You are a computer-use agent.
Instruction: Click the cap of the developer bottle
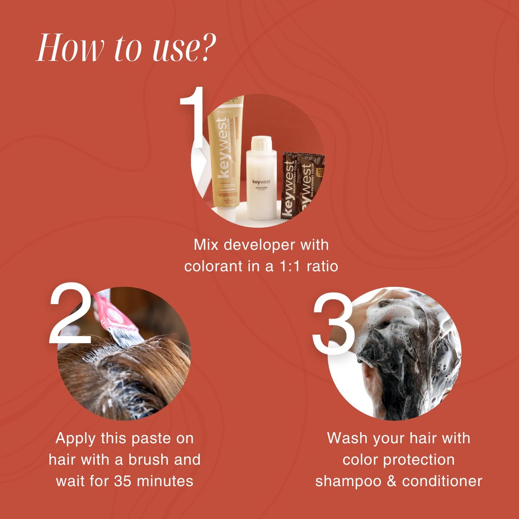(x=261, y=144)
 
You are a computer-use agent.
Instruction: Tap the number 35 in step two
(x=123, y=481)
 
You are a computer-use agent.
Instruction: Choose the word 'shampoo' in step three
(x=348, y=481)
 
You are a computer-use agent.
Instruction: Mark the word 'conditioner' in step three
(x=442, y=481)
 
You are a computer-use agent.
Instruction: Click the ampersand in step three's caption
(x=391, y=481)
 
